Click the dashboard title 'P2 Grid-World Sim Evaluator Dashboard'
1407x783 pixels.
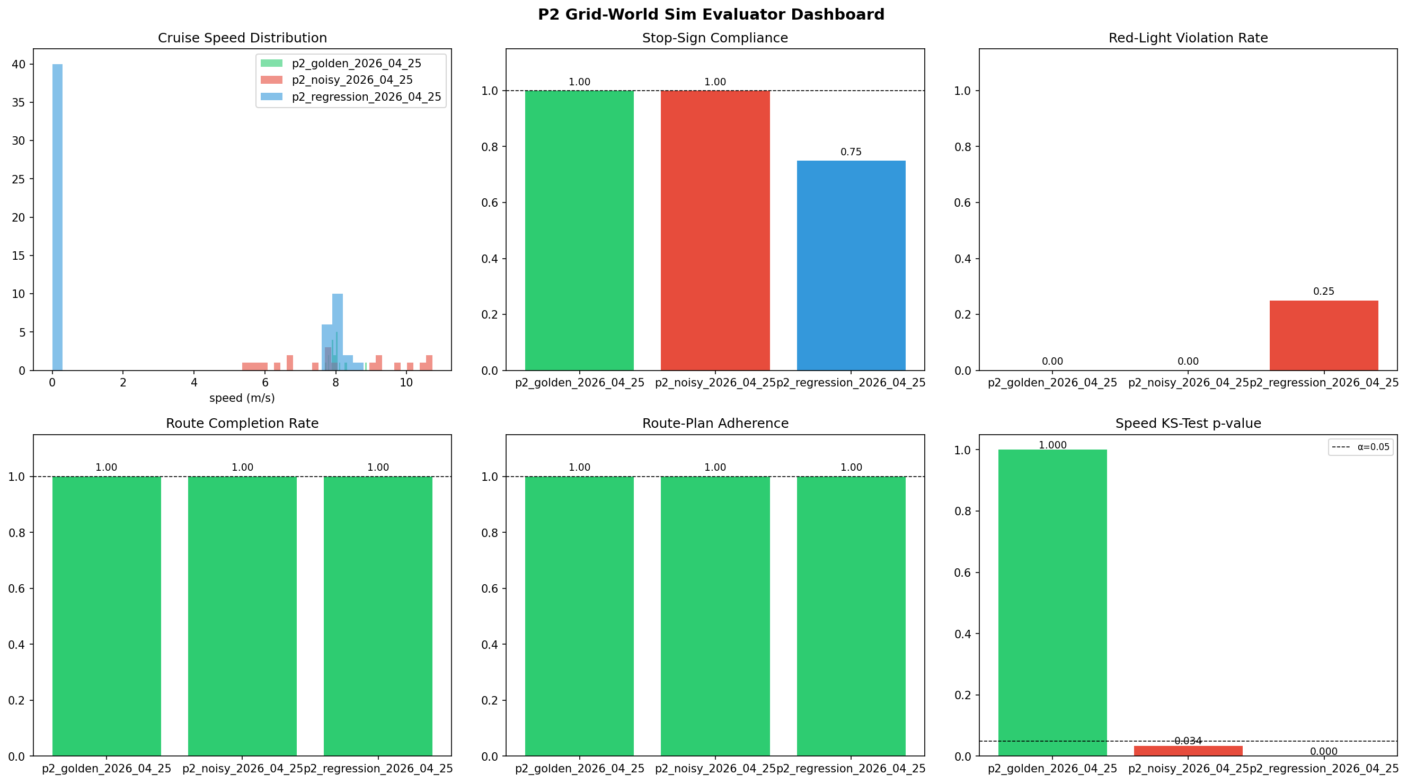tap(711, 14)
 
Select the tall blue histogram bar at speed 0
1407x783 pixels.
tap(57, 218)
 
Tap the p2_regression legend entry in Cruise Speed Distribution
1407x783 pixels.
tap(366, 97)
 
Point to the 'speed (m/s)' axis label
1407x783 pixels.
tap(242, 398)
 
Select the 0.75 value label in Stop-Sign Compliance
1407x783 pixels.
tap(851, 152)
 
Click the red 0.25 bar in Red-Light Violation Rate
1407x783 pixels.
tap(1323, 336)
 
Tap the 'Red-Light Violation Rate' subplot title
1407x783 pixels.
tap(1188, 38)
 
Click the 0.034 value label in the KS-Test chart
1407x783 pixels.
tap(1188, 741)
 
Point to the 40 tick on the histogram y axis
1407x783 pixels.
tap(19, 65)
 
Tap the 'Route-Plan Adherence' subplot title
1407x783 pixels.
tap(715, 424)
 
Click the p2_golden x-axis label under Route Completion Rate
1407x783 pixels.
tap(107, 769)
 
